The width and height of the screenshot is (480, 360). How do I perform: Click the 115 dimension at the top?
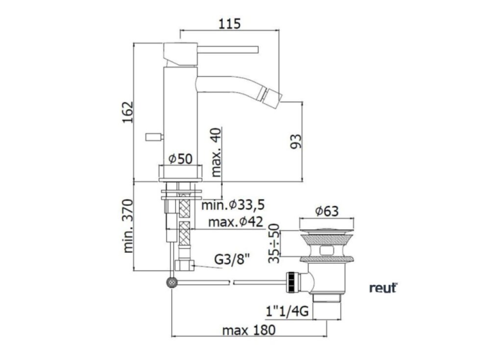coord(229,24)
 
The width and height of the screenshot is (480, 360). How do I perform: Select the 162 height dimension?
coord(128,112)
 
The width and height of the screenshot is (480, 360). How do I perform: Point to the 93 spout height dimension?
coord(296,141)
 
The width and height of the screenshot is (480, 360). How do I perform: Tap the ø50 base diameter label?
coord(181,159)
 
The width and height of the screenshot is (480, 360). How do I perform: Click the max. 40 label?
coord(216,152)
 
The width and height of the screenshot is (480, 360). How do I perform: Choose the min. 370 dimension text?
coord(128,226)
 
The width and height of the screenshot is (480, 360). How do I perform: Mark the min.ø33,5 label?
coord(233,205)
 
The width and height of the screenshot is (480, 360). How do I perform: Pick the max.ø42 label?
coord(236,221)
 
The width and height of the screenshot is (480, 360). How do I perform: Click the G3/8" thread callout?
coord(232,260)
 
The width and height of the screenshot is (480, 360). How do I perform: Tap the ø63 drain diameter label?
coord(327,211)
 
